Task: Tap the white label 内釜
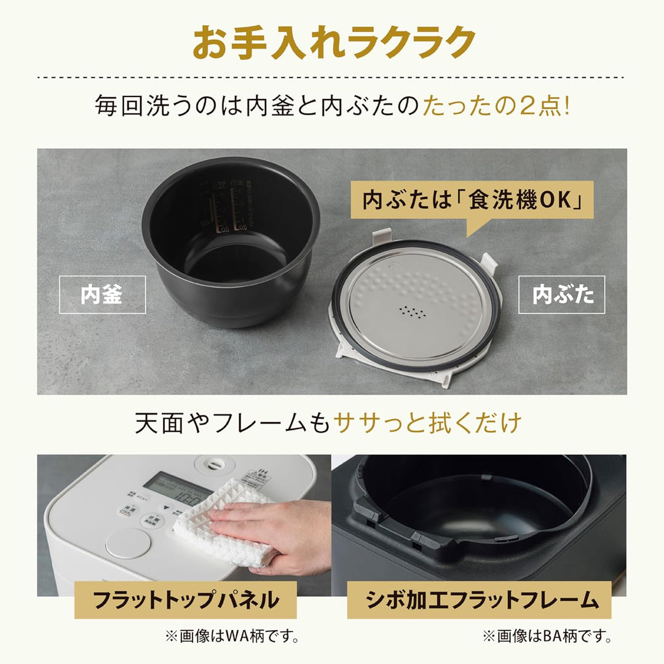pos(102,295)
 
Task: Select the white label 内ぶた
pos(561,295)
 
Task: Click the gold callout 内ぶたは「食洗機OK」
pos(472,201)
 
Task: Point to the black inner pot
pos(231,240)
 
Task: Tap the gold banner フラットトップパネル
pos(185,599)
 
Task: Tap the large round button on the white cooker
pos(128,543)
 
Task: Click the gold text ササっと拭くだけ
pos(427,423)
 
